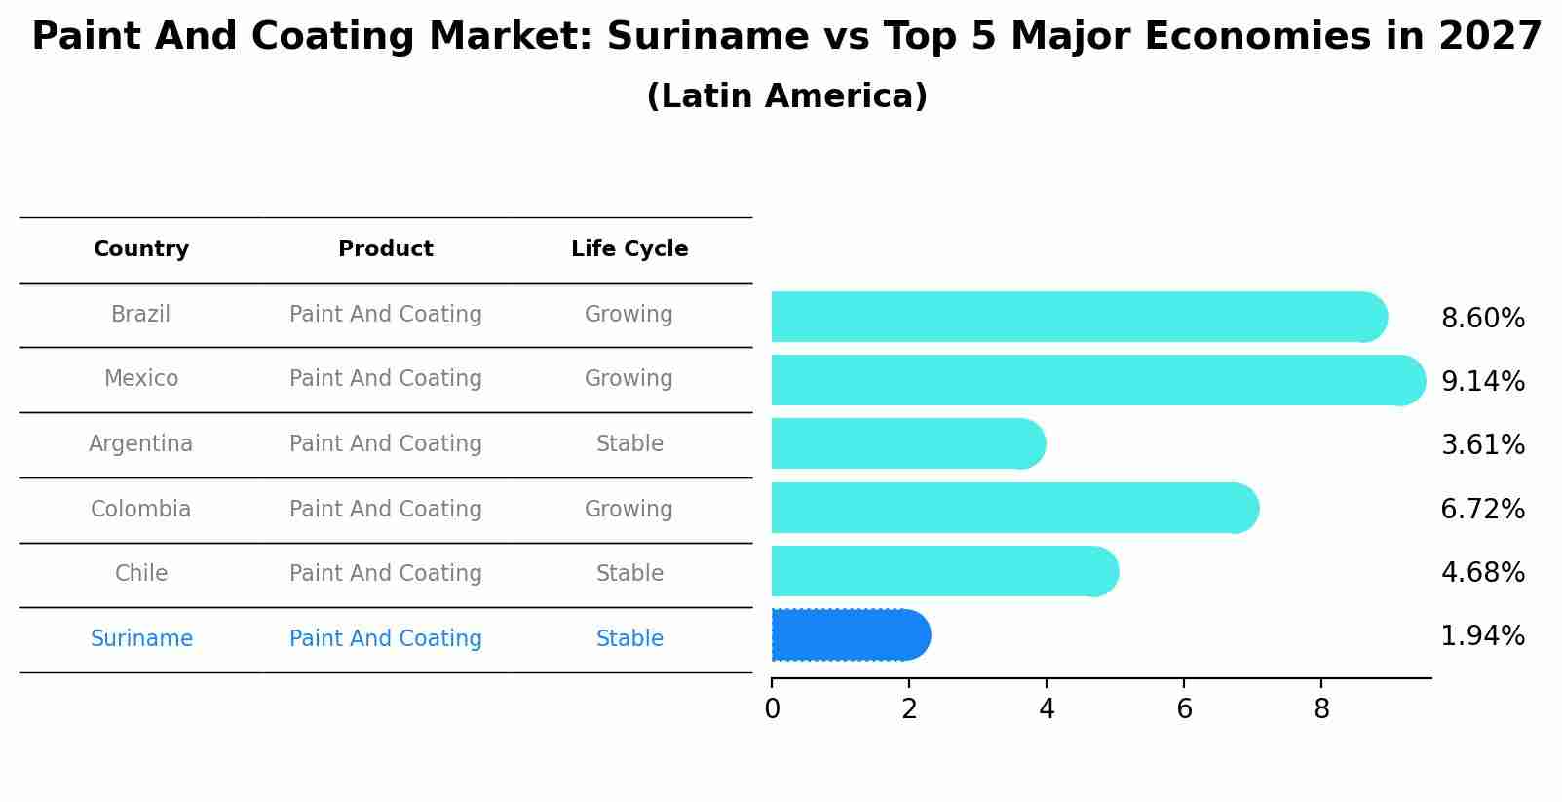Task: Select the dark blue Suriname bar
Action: pyautogui.click(x=848, y=634)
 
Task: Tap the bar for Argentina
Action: pyautogui.click(x=906, y=443)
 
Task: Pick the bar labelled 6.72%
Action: pyautogui.click(x=1013, y=508)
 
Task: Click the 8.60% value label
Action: pyautogui.click(x=1482, y=319)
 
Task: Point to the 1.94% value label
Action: pyautogui.click(x=1482, y=636)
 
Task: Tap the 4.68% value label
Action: pyautogui.click(x=1482, y=573)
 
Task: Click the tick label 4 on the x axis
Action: pyautogui.click(x=1047, y=709)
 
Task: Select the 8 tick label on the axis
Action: pyautogui.click(x=1321, y=709)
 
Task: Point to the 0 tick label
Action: pyautogui.click(x=772, y=709)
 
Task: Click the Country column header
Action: pyautogui.click(x=141, y=249)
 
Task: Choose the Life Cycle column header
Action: pyautogui.click(x=629, y=249)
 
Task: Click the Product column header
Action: pyautogui.click(x=386, y=249)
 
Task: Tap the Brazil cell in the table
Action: pyautogui.click(x=140, y=315)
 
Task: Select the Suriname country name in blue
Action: pyautogui.click(x=141, y=639)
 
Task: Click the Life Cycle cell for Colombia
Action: pyautogui.click(x=629, y=509)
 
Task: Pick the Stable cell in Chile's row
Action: pyautogui.click(x=629, y=574)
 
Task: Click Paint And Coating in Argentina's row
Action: pyautogui.click(x=386, y=444)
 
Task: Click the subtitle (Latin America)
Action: pyautogui.click(x=786, y=96)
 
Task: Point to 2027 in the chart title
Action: pyautogui.click(x=1490, y=37)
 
